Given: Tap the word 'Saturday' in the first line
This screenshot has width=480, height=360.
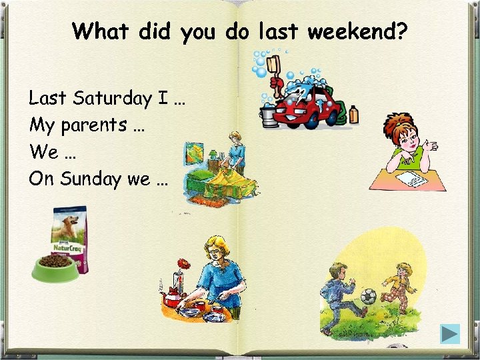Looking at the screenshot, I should (x=113, y=99).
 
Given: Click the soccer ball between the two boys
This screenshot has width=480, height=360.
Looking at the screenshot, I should (x=369, y=296).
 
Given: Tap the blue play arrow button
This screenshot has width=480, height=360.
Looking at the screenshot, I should (x=450, y=333).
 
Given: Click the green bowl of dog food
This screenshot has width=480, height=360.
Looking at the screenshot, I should (x=55, y=267).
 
